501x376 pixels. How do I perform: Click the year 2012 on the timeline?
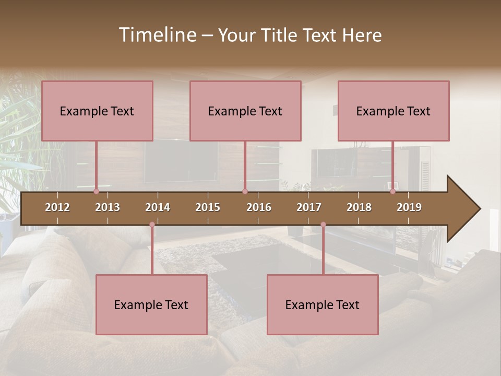(57, 207)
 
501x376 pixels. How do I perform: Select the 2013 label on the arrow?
(108, 207)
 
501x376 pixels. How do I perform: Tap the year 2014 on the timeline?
(158, 207)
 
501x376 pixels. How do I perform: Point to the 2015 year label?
(208, 207)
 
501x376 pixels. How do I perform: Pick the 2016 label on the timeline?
(259, 207)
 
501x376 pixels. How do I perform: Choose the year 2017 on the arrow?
(309, 207)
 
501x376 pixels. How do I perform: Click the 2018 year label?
(359, 207)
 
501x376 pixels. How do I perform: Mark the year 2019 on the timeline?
(409, 207)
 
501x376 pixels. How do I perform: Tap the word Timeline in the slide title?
(157, 35)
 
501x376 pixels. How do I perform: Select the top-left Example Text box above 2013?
(97, 111)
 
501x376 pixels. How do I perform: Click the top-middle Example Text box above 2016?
(245, 111)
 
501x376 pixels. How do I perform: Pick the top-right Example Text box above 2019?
(393, 111)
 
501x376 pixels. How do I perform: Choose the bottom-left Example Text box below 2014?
(151, 304)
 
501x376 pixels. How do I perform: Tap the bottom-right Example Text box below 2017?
(323, 304)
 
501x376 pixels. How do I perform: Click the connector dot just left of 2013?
(96, 192)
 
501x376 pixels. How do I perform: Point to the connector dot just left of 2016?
(245, 192)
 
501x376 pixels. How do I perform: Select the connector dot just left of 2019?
(392, 192)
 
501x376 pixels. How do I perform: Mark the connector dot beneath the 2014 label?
(152, 225)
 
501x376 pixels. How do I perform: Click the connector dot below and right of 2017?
(323, 225)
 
